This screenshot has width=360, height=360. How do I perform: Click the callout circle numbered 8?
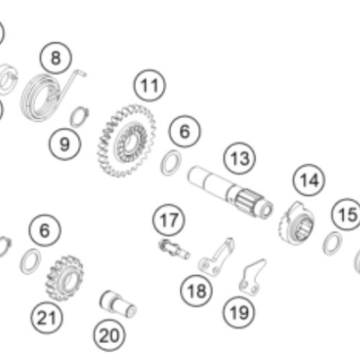pos(55,58)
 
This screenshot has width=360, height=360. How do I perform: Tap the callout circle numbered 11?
pos(150,86)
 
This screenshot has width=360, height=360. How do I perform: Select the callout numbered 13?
pos(240,158)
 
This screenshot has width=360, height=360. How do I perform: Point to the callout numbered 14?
pos(309,180)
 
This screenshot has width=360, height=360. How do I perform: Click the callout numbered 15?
pos(347,215)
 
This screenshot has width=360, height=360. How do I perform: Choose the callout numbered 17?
pos(168,220)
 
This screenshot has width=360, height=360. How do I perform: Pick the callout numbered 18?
pos(197,291)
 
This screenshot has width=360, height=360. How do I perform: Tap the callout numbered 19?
pos(239,312)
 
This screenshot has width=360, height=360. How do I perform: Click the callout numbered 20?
pos(109,336)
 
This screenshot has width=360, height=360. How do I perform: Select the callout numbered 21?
pos(47,318)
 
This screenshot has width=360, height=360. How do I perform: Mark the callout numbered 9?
pos(65,144)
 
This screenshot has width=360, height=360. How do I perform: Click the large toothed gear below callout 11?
pos(127,141)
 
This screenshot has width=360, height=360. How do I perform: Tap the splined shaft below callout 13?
pos(230,192)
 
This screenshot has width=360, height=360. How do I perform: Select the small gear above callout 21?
pos(64,278)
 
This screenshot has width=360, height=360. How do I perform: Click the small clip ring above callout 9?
pos(79,117)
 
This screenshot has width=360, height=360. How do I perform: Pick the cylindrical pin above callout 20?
pos(118,304)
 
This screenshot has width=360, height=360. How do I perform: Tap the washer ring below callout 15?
pos(332,243)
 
